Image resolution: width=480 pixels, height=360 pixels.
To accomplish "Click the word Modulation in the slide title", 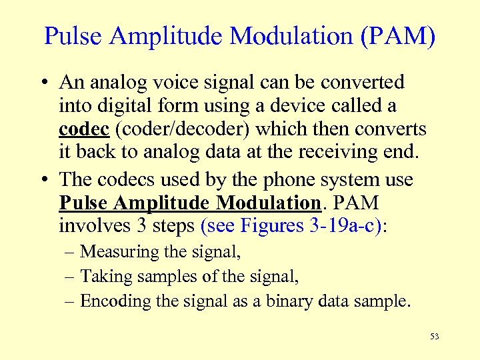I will [287, 36].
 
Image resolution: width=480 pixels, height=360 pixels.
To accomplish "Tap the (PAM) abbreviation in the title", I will [398, 36].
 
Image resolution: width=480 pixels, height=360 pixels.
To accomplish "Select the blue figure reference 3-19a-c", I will [344, 226].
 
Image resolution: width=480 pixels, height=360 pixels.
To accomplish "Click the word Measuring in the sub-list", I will [120, 252].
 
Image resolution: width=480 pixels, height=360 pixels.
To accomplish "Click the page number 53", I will [435, 337].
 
